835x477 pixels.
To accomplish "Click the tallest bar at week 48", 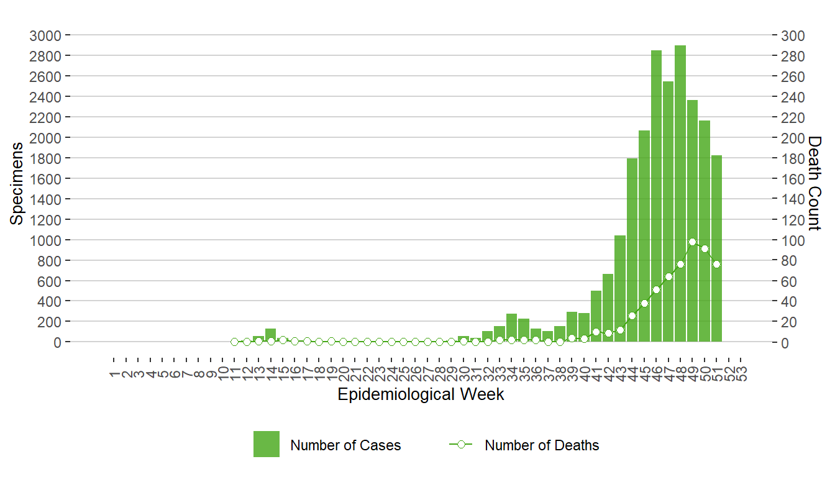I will pos(680,193).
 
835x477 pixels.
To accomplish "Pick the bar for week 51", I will pos(716,248).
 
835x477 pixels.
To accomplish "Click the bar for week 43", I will pos(620,289).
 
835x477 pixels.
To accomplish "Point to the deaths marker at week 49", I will pos(692,242).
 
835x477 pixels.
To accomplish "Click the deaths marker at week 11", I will pos(234,342).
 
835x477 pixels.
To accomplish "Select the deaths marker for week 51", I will pos(716,264).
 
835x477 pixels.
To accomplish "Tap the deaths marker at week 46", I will pos(656,289).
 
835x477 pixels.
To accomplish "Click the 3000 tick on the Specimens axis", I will pos(45,35).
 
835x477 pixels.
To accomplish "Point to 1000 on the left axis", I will pos(45,240).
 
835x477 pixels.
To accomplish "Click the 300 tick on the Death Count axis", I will pos(792,35).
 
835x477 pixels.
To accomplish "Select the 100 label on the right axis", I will pos(792,240).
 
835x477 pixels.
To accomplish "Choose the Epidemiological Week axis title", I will pos(421,394).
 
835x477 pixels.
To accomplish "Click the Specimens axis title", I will pos(17,183).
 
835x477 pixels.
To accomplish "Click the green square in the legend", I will pos(266,444).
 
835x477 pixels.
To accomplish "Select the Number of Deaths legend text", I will pos(542,445).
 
